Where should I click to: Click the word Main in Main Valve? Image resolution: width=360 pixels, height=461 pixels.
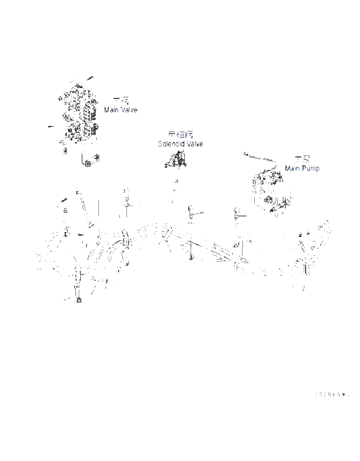[111, 110]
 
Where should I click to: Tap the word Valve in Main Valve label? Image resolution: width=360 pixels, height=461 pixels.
[129, 110]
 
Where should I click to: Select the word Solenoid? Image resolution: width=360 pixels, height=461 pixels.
[171, 144]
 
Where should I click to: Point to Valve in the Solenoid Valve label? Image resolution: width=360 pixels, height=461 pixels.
[195, 144]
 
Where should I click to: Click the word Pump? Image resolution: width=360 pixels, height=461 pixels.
[311, 168]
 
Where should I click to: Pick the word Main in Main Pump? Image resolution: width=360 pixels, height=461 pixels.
[293, 168]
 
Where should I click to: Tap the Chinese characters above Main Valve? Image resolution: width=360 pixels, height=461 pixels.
[120, 102]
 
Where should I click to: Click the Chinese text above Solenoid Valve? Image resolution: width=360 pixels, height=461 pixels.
[181, 135]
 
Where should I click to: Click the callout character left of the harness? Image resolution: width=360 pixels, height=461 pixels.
[65, 211]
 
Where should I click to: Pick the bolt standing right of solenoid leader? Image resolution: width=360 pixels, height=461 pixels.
[191, 212]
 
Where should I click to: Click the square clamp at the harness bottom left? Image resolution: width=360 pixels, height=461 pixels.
[79, 299]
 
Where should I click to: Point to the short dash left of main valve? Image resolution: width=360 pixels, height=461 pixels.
[50, 126]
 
